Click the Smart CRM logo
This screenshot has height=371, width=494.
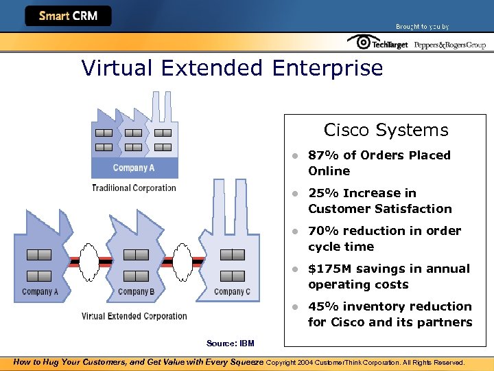pyautogui.click(x=67, y=16)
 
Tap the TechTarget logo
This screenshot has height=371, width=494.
pyautogui.click(x=377, y=43)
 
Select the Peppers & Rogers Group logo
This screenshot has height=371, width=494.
pyautogui.click(x=449, y=45)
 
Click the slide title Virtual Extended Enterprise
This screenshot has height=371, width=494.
pyautogui.click(x=232, y=68)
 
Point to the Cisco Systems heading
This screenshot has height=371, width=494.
pyautogui.click(x=386, y=130)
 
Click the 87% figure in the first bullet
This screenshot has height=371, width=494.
pyautogui.click(x=322, y=155)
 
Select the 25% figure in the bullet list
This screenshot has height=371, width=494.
pyautogui.click(x=322, y=193)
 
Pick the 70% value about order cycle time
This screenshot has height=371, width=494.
pyautogui.click(x=322, y=231)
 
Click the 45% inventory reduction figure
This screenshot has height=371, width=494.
pyautogui.click(x=322, y=306)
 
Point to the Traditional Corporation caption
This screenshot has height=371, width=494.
pyautogui.click(x=134, y=188)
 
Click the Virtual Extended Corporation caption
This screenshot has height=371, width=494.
pyautogui.click(x=134, y=316)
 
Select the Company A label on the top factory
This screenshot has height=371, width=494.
pyautogui.click(x=134, y=168)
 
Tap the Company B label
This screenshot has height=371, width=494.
pyautogui.click(x=136, y=291)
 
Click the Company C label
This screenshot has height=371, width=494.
pyautogui.click(x=232, y=291)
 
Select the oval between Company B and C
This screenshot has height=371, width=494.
pyautogui.click(x=183, y=262)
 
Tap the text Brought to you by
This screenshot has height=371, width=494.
pyautogui.click(x=422, y=27)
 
